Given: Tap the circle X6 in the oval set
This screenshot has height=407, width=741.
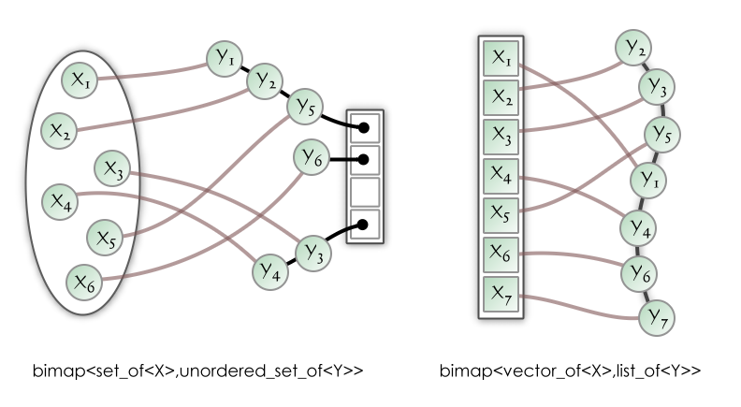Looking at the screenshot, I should pos(84,280).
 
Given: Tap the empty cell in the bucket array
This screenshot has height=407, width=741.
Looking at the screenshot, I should pos(364,192).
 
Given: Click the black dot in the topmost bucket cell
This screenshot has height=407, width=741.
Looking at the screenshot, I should pos(364,127).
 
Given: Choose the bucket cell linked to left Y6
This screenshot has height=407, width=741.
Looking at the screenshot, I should pos(364,160).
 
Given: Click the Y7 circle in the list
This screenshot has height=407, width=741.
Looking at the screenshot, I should pos(657,316).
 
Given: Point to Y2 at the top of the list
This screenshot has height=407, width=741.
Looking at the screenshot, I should pos(633,47).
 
